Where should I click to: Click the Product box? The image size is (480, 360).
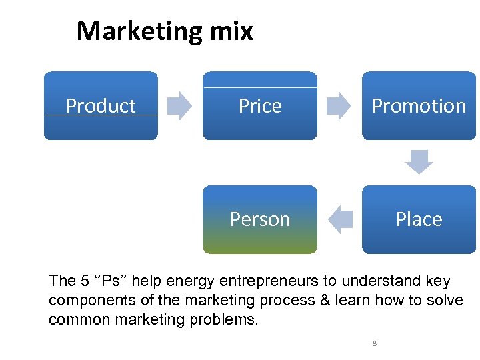pos(101,105)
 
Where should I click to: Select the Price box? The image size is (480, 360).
pos(260,105)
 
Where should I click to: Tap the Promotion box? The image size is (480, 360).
pos(419,105)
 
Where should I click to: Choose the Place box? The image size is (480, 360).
pos(419,219)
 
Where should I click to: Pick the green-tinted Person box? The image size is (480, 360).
pos(260,219)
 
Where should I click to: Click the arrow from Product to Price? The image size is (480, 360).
pos(179,105)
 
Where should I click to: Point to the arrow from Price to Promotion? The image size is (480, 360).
pos(339,105)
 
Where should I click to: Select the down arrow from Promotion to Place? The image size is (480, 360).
pos(419,162)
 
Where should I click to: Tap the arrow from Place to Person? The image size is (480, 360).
pos(341,219)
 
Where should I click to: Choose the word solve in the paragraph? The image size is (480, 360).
pos(444,300)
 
